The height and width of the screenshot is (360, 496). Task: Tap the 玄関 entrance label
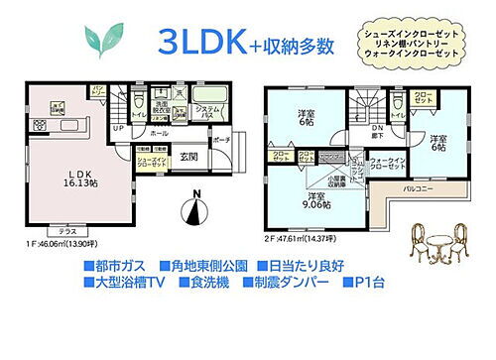tap(188, 157)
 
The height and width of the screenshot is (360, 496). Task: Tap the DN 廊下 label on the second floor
tap(378, 130)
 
